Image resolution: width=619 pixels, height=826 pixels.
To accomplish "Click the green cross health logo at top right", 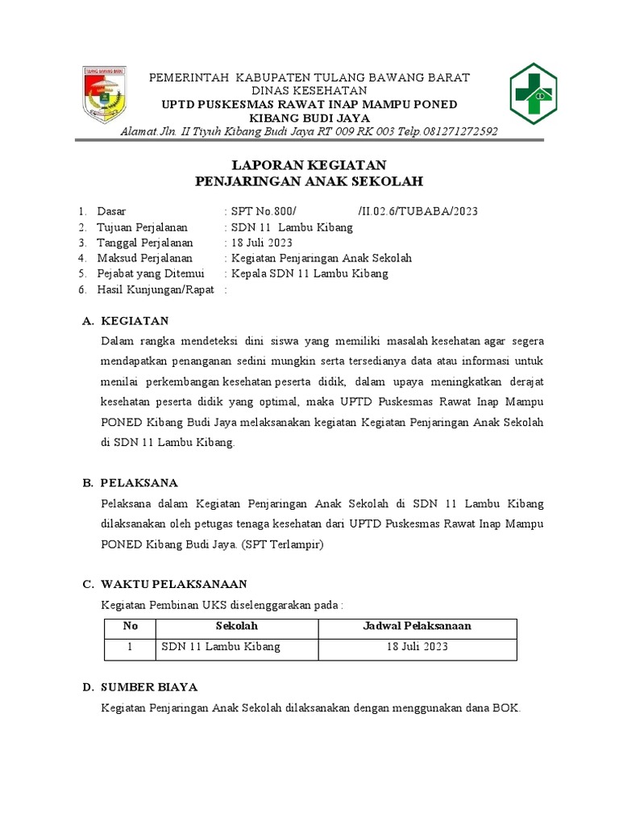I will click(x=531, y=94).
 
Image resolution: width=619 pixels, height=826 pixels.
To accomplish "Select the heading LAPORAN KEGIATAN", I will click(x=309, y=165).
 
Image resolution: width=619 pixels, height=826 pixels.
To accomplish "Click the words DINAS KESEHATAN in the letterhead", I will click(x=309, y=90).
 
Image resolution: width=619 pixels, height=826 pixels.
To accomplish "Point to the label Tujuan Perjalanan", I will click(x=143, y=227).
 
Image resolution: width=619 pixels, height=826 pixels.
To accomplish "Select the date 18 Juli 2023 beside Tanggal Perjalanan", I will click(x=262, y=243).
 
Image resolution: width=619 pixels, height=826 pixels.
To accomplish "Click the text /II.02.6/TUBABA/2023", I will click(x=418, y=211).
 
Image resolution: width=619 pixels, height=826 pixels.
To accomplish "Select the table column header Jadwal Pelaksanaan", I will click(x=417, y=626).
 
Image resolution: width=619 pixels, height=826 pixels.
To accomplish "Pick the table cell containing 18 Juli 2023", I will click(x=417, y=647).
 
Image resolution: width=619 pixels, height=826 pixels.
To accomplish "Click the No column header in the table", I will click(x=131, y=626).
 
